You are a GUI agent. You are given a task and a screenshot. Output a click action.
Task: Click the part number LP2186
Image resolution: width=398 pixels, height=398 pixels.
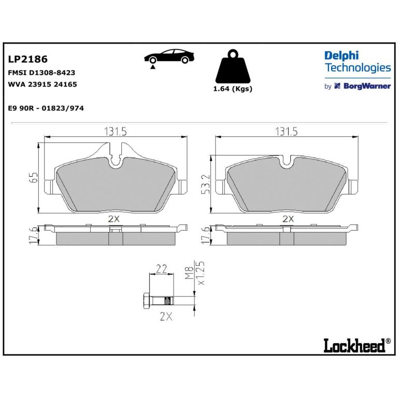tap(27, 59)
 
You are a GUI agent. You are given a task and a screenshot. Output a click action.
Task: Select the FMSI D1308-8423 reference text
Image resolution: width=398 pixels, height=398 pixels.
tap(41, 73)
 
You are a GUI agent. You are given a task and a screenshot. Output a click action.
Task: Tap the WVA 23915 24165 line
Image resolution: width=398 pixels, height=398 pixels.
tap(42, 84)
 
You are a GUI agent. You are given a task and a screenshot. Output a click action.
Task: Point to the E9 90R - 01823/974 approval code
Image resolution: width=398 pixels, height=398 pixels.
tap(46, 108)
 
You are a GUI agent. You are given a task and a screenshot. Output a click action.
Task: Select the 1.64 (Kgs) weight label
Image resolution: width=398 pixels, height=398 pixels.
tap(233, 89)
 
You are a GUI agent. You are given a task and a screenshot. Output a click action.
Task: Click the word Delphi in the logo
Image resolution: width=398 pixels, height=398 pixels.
tap(342, 56)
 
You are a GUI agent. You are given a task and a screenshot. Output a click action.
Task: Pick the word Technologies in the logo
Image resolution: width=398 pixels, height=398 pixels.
tap(358, 67)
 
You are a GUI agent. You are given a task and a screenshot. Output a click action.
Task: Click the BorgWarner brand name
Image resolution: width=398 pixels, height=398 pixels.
tap(367, 86)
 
